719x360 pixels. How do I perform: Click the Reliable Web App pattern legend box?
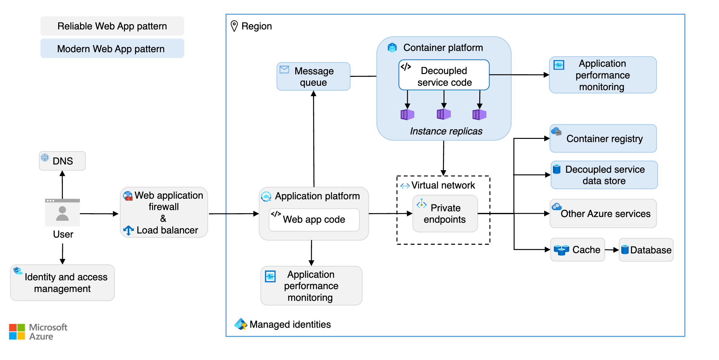click(112, 26)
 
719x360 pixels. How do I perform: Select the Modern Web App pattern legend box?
click(112, 48)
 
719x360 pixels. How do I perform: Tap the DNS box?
click(62, 161)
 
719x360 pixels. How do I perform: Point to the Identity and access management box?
click(63, 282)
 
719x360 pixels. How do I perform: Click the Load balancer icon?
click(128, 230)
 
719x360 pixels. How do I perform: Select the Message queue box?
click(313, 76)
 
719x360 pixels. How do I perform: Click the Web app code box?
click(314, 220)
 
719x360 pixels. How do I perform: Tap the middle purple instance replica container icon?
click(444, 114)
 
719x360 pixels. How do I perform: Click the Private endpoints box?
click(445, 214)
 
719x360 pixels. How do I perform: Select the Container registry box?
click(603, 139)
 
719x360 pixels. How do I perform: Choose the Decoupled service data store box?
click(604, 175)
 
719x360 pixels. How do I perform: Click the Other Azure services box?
click(603, 214)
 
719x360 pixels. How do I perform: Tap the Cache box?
click(577, 250)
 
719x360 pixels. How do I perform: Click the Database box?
click(646, 250)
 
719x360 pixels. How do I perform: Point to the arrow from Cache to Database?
click(612, 250)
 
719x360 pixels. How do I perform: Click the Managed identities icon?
click(241, 324)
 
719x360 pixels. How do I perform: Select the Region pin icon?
click(234, 26)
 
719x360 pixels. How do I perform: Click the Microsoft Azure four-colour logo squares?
click(17, 332)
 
